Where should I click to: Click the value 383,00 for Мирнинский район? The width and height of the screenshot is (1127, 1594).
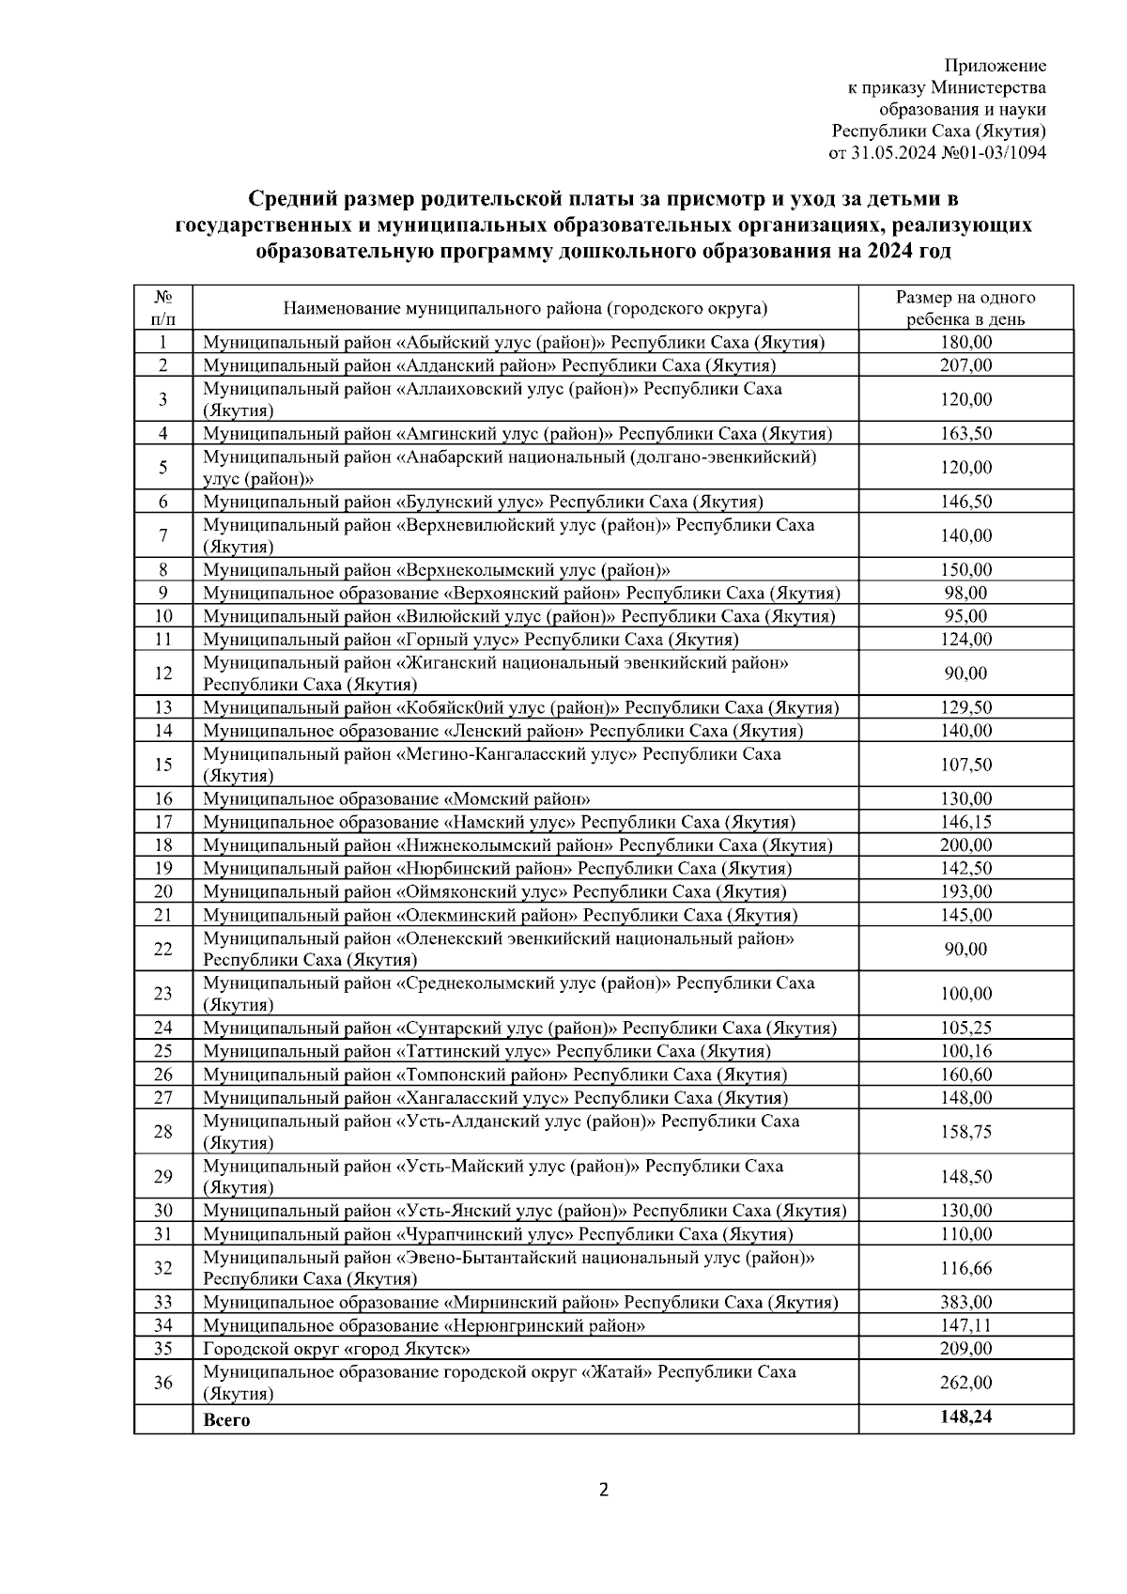click(x=965, y=1302)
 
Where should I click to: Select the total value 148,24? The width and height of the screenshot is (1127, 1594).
click(x=965, y=1416)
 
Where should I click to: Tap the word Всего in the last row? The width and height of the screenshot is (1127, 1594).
click(x=226, y=1419)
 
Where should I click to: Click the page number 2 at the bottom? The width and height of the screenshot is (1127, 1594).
click(x=604, y=1490)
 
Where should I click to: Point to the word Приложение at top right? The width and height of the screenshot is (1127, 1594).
click(x=995, y=66)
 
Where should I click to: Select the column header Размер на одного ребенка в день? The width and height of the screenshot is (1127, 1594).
click(x=965, y=308)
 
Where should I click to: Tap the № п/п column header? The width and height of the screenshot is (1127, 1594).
click(x=162, y=308)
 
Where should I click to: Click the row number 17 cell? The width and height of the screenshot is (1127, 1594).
click(x=163, y=822)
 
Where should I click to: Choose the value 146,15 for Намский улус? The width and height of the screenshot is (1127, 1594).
click(x=965, y=822)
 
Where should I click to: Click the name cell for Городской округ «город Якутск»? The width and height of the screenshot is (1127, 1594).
click(x=336, y=1349)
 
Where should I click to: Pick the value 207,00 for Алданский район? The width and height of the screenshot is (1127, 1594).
click(x=965, y=365)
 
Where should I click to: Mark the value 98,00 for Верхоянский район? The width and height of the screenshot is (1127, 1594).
click(x=965, y=593)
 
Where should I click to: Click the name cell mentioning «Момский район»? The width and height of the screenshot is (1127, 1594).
click(x=396, y=799)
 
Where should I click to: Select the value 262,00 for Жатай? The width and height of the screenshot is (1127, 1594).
click(x=965, y=1383)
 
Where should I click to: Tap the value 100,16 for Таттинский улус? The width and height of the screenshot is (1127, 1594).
click(x=965, y=1051)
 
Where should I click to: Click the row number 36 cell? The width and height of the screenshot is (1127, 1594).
click(x=163, y=1383)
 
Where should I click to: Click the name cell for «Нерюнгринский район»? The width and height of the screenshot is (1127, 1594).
click(x=424, y=1325)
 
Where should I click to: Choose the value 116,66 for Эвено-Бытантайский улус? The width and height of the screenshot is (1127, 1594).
click(x=965, y=1268)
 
